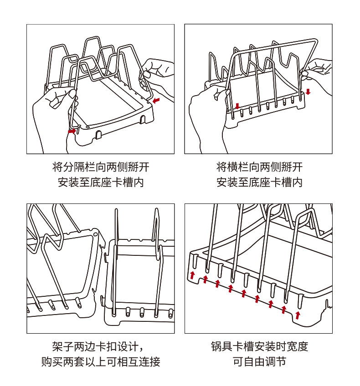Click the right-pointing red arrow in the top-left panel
(72, 131)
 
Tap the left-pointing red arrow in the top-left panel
(156, 100)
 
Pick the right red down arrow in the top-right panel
(308, 92)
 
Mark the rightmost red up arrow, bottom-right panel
(298, 315)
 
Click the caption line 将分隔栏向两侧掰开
(101, 167)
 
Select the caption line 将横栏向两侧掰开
(259, 167)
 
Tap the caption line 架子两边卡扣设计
(101, 346)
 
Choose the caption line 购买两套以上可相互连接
(101, 362)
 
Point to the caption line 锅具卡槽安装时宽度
(259, 346)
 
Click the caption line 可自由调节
(259, 362)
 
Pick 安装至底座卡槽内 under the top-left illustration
(101, 183)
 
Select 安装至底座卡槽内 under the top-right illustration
(259, 183)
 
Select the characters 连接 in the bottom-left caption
(150, 362)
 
